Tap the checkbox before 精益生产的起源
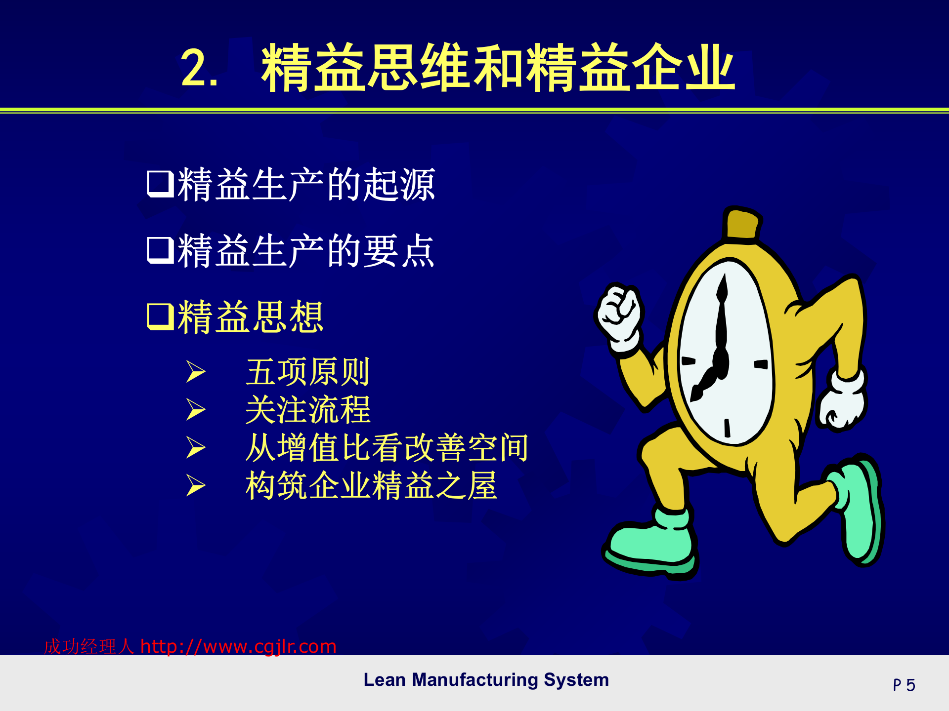160,184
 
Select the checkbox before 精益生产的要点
160,250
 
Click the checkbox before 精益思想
160,316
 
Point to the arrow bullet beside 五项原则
196,372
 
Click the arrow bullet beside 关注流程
196,410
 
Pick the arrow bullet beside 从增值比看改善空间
196,447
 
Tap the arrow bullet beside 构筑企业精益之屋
196,485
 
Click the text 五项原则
307,372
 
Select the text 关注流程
307,410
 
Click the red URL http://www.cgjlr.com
238,646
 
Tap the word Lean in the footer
384,680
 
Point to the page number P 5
904,685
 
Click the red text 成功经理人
89,646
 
